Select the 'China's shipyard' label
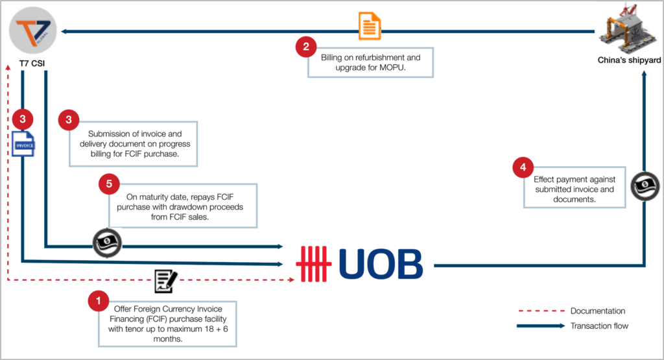pyautogui.click(x=628, y=60)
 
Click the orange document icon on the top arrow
pyautogui.click(x=370, y=27)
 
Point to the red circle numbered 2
pyautogui.click(x=306, y=47)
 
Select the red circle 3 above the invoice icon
pyautogui.click(x=23, y=119)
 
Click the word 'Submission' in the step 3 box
pyautogui.click(x=110, y=134)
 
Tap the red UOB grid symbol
pyautogui.click(x=314, y=265)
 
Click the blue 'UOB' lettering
pyautogui.click(x=380, y=265)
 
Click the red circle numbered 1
pyautogui.click(x=98, y=300)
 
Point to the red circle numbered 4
pyautogui.click(x=522, y=168)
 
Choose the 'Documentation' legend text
pyautogui.click(x=598, y=311)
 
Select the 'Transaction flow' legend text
pyautogui.click(x=600, y=326)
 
